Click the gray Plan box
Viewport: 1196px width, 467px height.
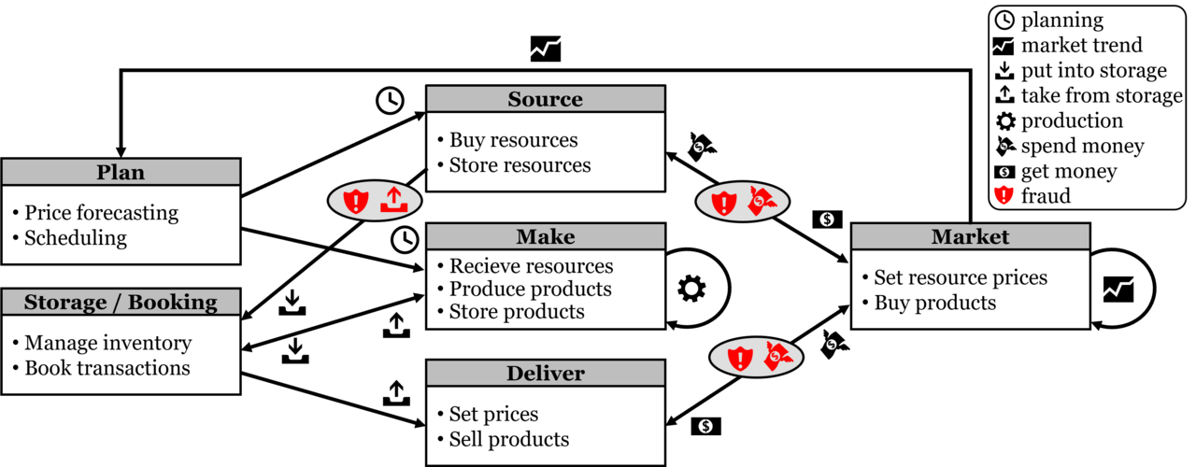(121, 172)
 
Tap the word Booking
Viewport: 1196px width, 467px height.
(172, 303)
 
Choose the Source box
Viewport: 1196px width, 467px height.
(545, 99)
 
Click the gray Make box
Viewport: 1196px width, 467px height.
(545, 236)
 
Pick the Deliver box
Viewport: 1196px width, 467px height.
(545, 374)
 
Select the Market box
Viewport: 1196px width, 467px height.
(970, 236)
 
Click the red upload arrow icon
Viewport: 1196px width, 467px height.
(393, 200)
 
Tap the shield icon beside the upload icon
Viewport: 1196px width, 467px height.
(356, 201)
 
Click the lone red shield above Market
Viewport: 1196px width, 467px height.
(1004, 194)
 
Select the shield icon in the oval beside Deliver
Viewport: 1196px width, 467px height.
(740, 358)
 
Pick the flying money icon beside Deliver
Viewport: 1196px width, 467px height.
(777, 357)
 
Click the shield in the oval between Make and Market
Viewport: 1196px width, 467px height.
(724, 202)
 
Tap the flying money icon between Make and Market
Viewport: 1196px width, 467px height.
(762, 201)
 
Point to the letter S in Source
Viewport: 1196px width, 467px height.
(515, 99)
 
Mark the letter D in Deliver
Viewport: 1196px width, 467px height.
(514, 374)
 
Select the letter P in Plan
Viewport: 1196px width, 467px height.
(104, 173)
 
